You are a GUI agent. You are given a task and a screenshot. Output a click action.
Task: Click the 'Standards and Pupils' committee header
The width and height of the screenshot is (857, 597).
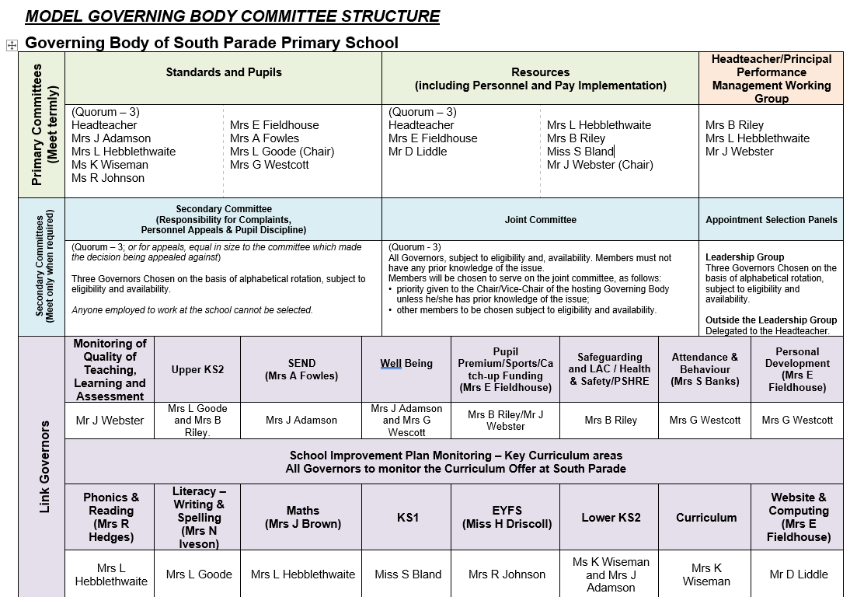click(224, 72)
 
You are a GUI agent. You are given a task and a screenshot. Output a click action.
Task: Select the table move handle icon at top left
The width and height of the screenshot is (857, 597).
click(12, 45)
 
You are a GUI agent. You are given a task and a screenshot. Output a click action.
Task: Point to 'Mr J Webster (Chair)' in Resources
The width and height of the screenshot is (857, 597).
click(600, 165)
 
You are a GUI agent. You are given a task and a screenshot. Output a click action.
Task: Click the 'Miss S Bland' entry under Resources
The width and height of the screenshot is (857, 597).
click(580, 152)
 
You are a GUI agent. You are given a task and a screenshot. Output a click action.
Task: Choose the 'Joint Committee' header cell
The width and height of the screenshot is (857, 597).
click(540, 220)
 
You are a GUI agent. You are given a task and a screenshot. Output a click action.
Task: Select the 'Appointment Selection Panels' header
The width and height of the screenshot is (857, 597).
click(771, 220)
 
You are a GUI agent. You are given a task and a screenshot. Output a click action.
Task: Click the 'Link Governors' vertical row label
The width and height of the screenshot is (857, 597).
click(44, 466)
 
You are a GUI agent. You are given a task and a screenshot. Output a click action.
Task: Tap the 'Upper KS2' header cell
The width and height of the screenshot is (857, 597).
click(197, 369)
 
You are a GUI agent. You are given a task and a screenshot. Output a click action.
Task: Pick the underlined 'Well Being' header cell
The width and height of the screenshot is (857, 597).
click(406, 363)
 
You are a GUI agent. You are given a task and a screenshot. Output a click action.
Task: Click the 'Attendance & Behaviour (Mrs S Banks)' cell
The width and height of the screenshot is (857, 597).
click(705, 369)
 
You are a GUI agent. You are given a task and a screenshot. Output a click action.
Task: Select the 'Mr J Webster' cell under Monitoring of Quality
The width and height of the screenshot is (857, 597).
click(110, 421)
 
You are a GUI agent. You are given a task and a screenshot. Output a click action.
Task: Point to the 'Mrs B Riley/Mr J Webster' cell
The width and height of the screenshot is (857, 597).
click(505, 420)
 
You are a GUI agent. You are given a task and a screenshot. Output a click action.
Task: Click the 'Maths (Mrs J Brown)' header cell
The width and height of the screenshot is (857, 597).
click(302, 517)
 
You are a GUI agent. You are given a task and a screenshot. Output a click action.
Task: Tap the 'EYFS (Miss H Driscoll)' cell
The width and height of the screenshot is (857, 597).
click(507, 517)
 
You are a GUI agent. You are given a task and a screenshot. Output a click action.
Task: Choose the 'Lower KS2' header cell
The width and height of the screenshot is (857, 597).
click(611, 518)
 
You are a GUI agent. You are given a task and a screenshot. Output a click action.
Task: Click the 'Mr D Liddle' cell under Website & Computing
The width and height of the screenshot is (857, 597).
click(798, 574)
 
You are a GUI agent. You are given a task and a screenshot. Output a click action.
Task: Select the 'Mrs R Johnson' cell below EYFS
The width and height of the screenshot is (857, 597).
click(507, 574)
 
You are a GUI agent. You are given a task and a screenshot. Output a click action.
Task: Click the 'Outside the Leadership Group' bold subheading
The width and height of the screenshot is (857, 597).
click(771, 320)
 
